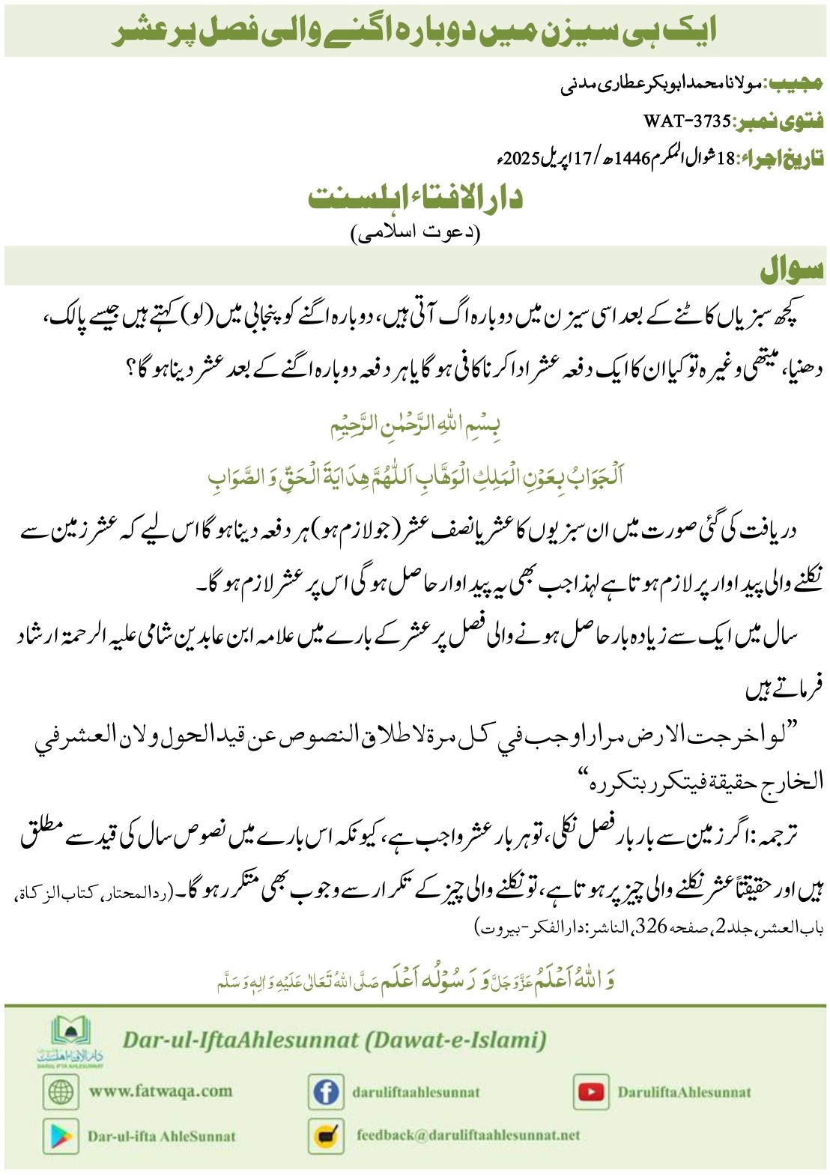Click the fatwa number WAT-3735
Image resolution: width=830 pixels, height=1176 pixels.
tap(686, 121)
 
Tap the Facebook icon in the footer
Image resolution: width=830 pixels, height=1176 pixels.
tap(326, 1091)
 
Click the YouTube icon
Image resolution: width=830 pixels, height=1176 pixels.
tap(591, 1091)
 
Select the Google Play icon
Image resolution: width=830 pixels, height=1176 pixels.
tap(61, 1136)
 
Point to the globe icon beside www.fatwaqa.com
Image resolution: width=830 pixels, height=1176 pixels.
tap(61, 1091)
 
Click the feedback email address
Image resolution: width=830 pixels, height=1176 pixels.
tap(468, 1135)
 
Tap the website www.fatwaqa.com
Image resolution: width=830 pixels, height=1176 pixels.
tap(160, 1091)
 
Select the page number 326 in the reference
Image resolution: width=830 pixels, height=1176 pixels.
tap(651, 927)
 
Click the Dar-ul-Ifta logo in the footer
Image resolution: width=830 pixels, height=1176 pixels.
tap(71, 1040)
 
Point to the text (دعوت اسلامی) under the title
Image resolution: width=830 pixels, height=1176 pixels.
tap(416, 233)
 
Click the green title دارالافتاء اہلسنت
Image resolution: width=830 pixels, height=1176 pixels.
tap(416, 198)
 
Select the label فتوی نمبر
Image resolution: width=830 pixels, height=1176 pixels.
tap(779, 121)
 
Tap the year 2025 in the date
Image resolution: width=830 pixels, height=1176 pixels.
tap(521, 159)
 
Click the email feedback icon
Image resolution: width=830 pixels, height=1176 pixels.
tap(326, 1136)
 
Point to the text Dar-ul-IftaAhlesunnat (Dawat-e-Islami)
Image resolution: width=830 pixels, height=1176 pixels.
tap(334, 1040)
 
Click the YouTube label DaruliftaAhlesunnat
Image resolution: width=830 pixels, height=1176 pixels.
tap(684, 1091)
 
